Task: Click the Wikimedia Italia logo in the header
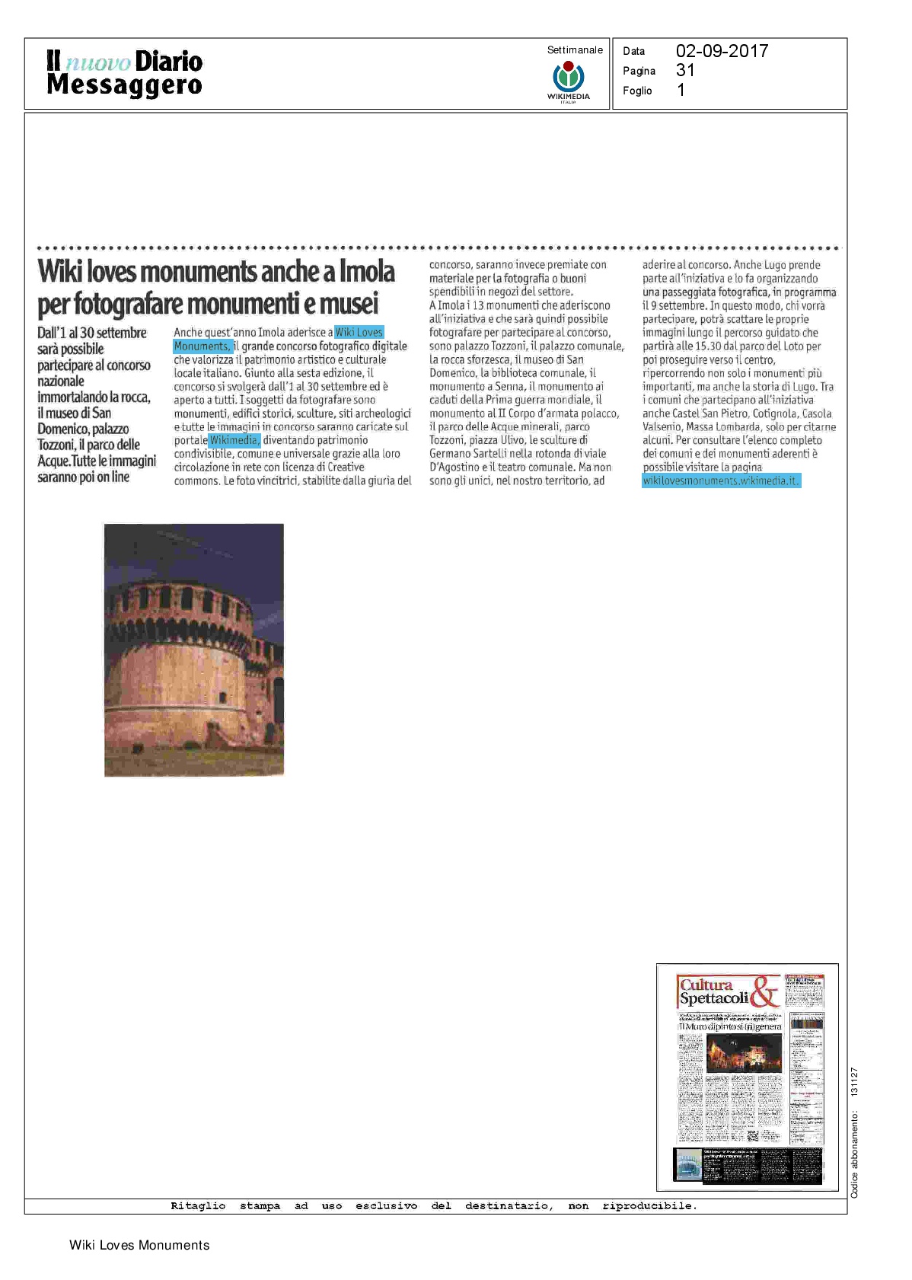[568, 81]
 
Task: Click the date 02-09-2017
[722, 51]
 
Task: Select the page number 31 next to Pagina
[685, 71]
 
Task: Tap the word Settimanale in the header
[575, 50]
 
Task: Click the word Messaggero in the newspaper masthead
[124, 85]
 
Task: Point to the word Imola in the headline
[367, 272]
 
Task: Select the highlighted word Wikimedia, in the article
[234, 440]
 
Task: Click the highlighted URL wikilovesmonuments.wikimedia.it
[720, 480]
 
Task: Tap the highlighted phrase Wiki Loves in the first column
[359, 332]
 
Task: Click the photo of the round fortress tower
[194, 650]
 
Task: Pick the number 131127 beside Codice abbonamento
[854, 1082]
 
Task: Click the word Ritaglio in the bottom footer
[198, 1206]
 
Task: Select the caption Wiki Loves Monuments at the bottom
[139, 1246]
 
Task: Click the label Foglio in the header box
[637, 91]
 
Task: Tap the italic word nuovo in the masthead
[98, 62]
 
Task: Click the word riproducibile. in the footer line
[649, 1206]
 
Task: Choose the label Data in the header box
[633, 51]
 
